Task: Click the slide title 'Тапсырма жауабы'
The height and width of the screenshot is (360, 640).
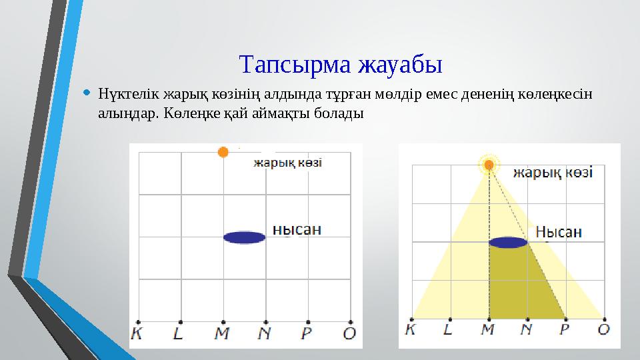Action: pyautogui.click(x=340, y=65)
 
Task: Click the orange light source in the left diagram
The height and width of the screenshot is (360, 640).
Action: pyautogui.click(x=223, y=152)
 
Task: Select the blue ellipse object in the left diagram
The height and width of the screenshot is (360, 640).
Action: pyautogui.click(x=244, y=237)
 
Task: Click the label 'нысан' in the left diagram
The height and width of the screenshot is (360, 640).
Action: pyautogui.click(x=297, y=229)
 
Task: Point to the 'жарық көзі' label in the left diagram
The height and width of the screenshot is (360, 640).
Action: pyautogui.click(x=287, y=163)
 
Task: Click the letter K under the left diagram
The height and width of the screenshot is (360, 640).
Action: pyautogui.click(x=137, y=334)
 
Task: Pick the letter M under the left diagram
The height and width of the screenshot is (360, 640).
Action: pyautogui.click(x=222, y=334)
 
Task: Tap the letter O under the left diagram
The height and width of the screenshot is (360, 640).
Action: pyautogui.click(x=349, y=334)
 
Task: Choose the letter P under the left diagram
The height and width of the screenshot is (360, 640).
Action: pyautogui.click(x=307, y=334)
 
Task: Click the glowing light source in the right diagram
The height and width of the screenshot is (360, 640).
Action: pyautogui.click(x=489, y=164)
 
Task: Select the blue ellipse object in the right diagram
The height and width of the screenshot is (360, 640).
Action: pyautogui.click(x=509, y=242)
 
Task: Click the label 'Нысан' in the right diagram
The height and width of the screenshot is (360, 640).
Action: pyautogui.click(x=559, y=231)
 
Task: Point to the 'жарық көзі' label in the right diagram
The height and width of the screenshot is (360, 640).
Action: pyautogui.click(x=553, y=173)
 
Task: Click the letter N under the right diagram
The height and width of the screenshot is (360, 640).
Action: pyautogui.click(x=527, y=329)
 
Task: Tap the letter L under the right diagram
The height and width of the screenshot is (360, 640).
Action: pyautogui.click(x=449, y=329)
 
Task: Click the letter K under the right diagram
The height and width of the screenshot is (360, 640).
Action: pyautogui.click(x=411, y=329)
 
